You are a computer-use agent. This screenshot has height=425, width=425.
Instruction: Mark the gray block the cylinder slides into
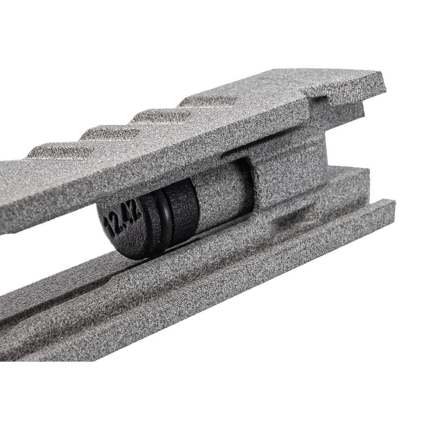[286, 172]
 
